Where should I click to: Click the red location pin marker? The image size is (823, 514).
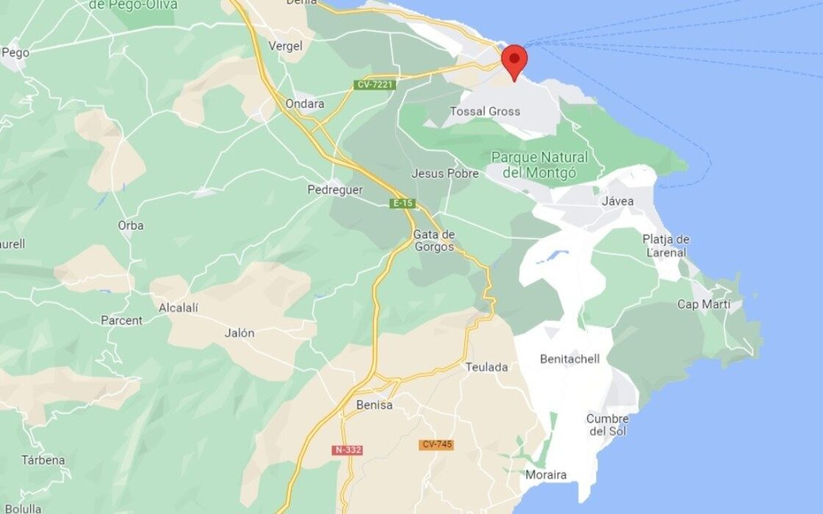514,59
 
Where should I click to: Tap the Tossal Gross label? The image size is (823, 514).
486,112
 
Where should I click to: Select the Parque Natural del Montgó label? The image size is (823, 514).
539,165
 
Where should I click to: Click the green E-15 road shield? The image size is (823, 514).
403,203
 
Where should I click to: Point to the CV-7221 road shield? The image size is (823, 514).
375,85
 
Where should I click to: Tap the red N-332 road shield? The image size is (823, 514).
348,449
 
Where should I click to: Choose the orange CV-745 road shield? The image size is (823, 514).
436,445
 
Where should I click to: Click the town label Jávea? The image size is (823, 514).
617,201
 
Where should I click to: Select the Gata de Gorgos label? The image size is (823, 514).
434,241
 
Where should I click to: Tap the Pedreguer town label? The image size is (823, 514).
334,190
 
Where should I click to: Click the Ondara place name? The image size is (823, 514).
305,104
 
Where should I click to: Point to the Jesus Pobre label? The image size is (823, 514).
445,174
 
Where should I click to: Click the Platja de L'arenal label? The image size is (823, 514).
666,246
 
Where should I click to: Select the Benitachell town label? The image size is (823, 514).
569,359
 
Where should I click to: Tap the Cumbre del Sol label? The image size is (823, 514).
607,424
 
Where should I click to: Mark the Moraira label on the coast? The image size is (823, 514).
545,475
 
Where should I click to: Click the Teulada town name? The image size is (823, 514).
486,367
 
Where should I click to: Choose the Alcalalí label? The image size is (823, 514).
179,308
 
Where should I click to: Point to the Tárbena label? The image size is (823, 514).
43,460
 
